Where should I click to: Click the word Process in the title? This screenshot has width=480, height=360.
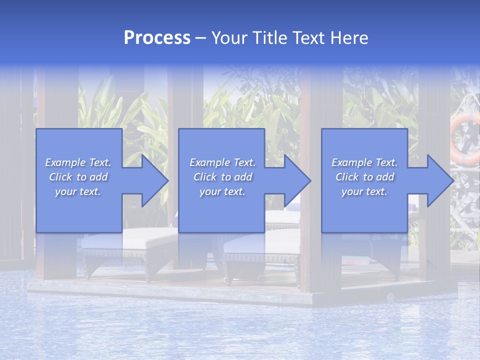click(x=157, y=38)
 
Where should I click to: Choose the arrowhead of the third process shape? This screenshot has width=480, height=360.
click(x=438, y=180)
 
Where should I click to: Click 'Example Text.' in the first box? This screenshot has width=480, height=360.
click(x=78, y=162)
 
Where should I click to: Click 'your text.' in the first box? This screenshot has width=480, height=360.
click(x=78, y=191)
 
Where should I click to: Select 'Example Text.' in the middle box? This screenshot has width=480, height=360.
click(x=222, y=162)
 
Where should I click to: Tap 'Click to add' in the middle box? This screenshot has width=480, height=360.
click(x=222, y=177)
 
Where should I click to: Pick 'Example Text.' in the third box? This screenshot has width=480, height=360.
click(x=364, y=162)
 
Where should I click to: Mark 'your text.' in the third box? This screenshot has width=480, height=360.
click(x=364, y=191)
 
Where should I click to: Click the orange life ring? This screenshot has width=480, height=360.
click(x=465, y=137)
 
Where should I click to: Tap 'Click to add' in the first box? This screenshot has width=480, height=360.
click(x=78, y=177)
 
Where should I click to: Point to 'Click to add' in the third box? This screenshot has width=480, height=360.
click(x=364, y=177)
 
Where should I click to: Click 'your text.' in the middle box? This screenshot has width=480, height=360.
click(x=222, y=191)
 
